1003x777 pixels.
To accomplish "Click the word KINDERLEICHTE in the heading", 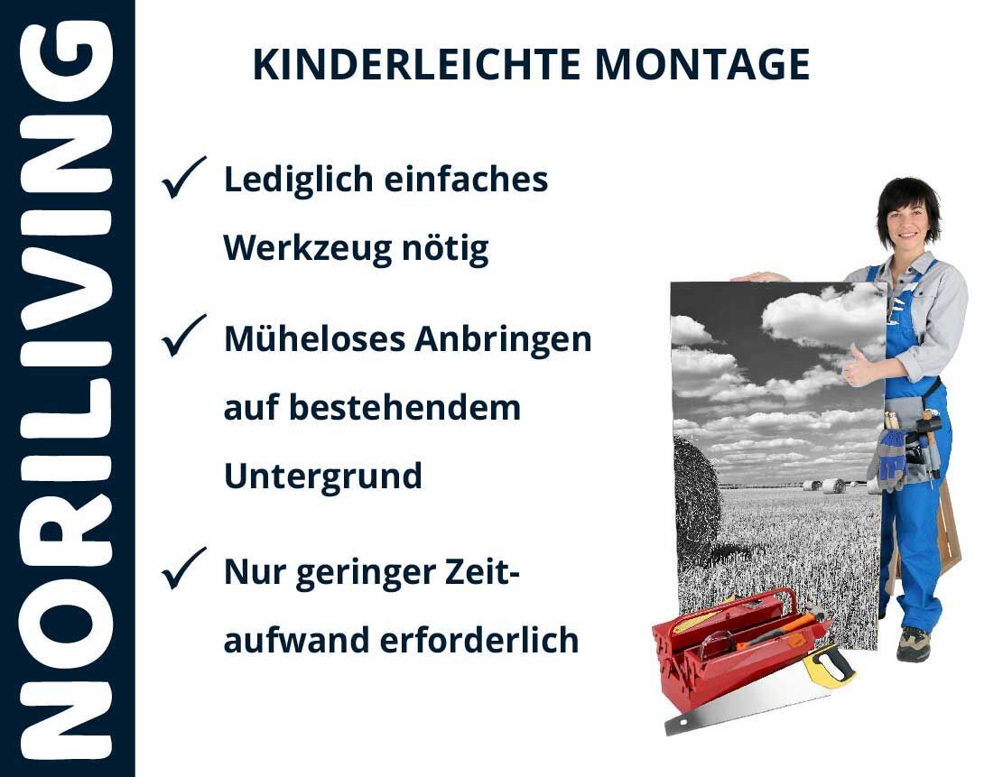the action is (x=416, y=64).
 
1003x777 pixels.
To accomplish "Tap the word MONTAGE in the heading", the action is (x=702, y=64).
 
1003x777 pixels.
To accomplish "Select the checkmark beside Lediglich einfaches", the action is (x=183, y=178).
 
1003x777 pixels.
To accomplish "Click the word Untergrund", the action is (x=323, y=476).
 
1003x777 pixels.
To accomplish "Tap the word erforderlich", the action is (x=479, y=640).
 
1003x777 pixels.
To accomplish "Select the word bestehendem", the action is (x=404, y=408).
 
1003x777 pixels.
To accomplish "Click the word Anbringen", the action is (x=503, y=340).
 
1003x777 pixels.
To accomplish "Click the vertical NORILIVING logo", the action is (x=67, y=389).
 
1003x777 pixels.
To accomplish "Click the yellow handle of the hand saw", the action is (x=829, y=665).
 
